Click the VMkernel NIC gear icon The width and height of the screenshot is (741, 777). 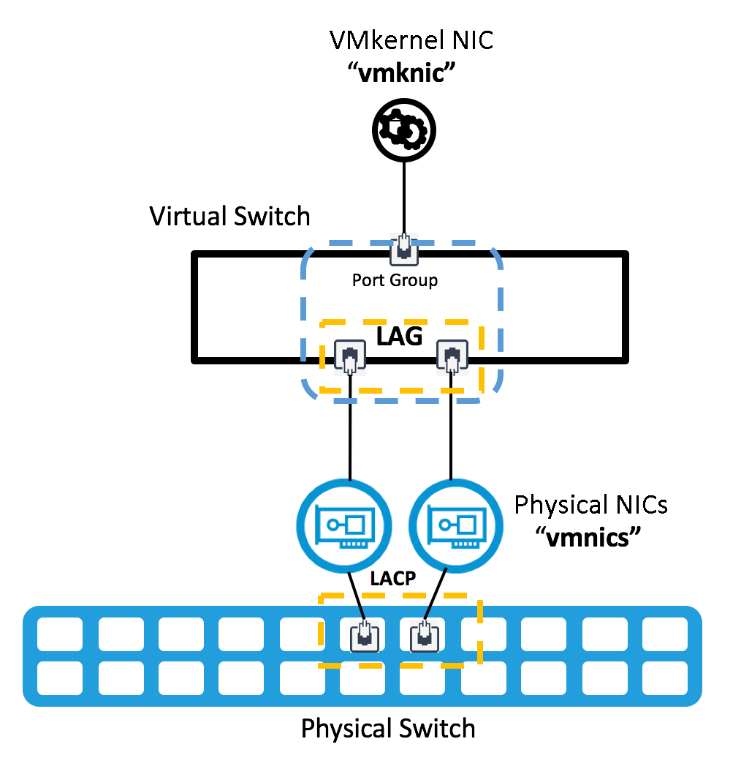pyautogui.click(x=404, y=130)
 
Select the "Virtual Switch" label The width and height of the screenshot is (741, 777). pyautogui.click(x=230, y=217)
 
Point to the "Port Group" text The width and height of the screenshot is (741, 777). pyautogui.click(x=395, y=280)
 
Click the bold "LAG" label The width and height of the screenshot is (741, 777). pyautogui.click(x=400, y=337)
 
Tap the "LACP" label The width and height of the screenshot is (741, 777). pyautogui.click(x=392, y=579)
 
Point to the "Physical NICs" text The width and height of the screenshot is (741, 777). pyautogui.click(x=591, y=506)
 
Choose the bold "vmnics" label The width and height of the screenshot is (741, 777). pyautogui.click(x=589, y=538)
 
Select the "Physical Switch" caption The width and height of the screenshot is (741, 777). pyautogui.click(x=388, y=729)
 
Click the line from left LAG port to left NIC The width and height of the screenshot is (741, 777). pyautogui.click(x=350, y=432)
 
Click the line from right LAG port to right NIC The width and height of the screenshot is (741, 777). pyautogui.click(x=452, y=432)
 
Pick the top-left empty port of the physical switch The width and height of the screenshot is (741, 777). pyautogui.click(x=59, y=634)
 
